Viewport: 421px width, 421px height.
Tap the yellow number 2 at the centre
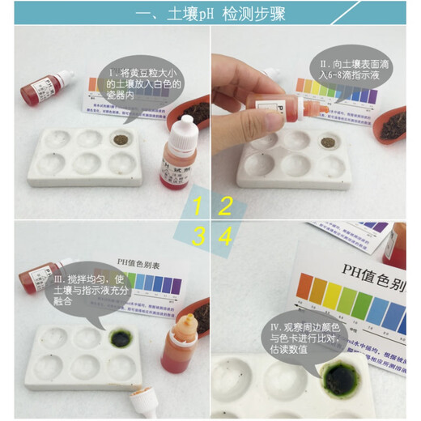tap(226, 206)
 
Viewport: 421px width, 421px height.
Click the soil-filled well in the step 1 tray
tap(124, 138)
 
